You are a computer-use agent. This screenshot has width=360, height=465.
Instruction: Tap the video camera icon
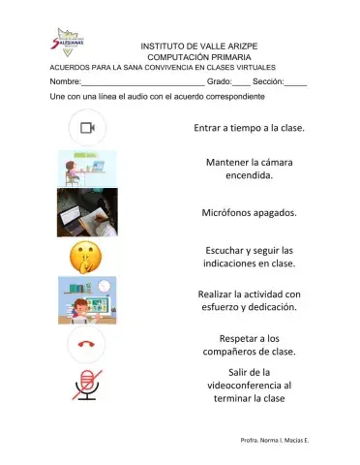click(x=87, y=128)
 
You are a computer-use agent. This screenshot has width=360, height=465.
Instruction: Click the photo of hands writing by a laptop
click(x=87, y=212)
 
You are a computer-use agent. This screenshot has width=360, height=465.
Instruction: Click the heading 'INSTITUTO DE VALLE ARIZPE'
click(x=198, y=46)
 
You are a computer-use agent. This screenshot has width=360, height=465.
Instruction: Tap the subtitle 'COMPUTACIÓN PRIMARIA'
click(x=198, y=57)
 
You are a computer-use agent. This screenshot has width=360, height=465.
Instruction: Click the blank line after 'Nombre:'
click(x=135, y=83)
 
